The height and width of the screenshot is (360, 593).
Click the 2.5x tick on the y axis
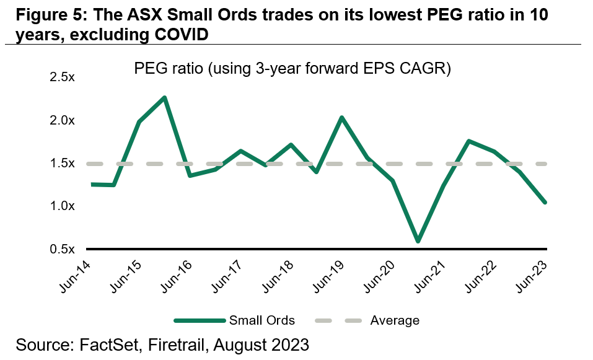(x=62, y=77)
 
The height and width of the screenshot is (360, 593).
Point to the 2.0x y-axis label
(x=62, y=120)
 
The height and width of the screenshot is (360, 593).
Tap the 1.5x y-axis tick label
(x=62, y=164)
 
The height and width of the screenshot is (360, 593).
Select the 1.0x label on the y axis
(x=62, y=206)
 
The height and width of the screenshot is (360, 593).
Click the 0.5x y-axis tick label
(x=62, y=249)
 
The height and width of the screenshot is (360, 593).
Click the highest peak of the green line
(x=165, y=97)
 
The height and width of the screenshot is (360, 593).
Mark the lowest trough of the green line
(x=418, y=241)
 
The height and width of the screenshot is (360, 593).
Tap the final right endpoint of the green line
(x=545, y=202)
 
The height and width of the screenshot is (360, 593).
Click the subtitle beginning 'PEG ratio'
(x=292, y=69)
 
